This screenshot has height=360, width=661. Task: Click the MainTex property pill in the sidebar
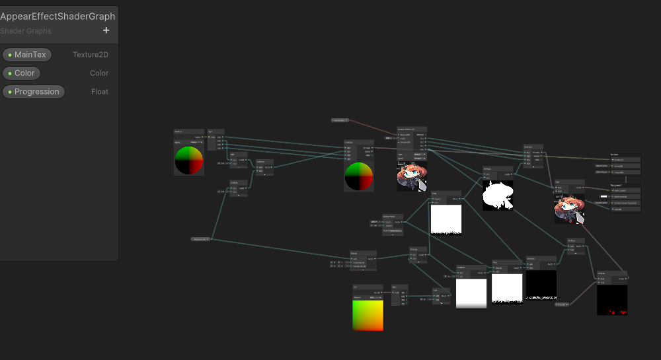27,55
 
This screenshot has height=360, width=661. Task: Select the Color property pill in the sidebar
22,73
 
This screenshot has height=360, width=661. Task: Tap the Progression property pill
34,92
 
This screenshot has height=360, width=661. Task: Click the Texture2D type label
91,55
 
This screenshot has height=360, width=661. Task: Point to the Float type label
100,92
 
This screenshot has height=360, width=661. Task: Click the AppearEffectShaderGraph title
58,17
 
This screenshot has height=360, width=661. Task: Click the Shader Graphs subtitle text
26,31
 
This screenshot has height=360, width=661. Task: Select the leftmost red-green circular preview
189,160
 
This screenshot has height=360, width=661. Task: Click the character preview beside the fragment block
569,209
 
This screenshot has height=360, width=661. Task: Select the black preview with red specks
612,300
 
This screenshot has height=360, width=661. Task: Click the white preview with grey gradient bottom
471,293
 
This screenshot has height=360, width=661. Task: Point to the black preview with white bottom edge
541,285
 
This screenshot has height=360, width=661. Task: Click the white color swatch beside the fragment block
603,196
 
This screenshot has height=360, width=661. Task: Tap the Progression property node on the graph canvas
200,239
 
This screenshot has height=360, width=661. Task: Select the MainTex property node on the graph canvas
340,120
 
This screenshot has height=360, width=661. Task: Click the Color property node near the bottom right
561,305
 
